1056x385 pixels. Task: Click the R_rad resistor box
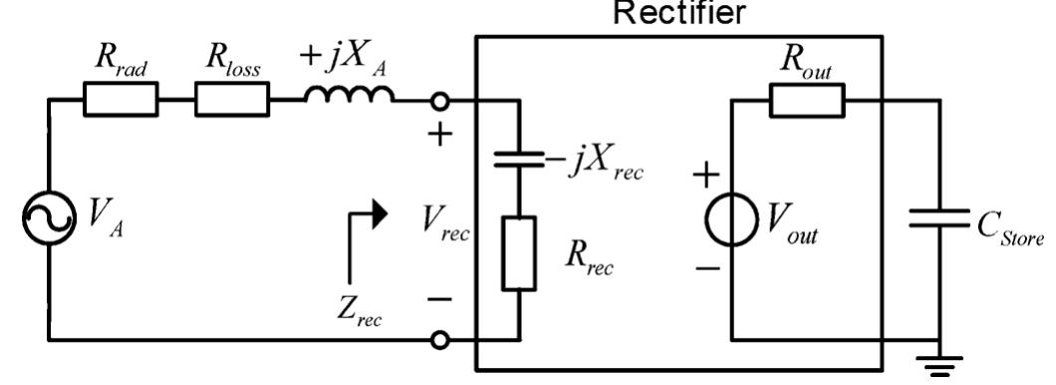[120, 99]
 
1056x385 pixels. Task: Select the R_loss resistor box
[231, 99]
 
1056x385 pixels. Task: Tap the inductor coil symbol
[348, 95]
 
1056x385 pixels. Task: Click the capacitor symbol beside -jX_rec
[519, 159]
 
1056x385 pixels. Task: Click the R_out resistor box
[806, 99]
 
